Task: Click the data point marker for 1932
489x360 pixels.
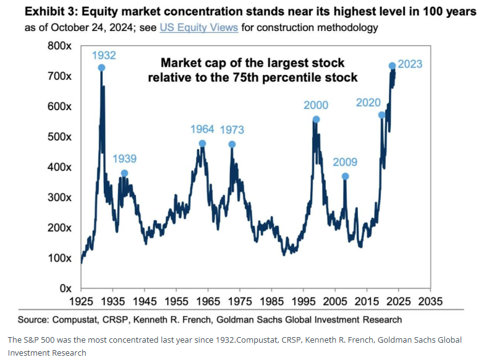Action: tap(101, 68)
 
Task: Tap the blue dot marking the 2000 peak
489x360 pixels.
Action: tap(317, 119)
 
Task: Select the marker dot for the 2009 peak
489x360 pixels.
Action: tap(345, 176)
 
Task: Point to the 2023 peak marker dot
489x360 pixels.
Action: tap(392, 66)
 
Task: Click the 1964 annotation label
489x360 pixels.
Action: tap(202, 129)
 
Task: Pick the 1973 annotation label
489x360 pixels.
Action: tap(232, 130)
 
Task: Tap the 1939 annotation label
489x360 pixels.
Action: tap(124, 158)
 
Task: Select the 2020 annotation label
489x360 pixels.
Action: tap(368, 102)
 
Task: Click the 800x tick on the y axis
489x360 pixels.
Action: tap(60, 46)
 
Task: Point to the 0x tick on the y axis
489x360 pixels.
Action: tap(66, 288)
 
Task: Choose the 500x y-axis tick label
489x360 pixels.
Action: tap(60, 137)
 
